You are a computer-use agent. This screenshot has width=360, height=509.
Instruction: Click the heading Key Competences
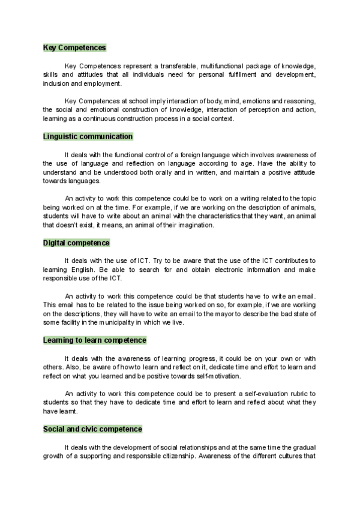click(74, 47)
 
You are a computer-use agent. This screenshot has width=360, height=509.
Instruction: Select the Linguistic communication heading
click(88, 136)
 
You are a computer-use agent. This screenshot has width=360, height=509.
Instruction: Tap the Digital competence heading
click(76, 242)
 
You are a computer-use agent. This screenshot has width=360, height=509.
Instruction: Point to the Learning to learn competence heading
click(95, 340)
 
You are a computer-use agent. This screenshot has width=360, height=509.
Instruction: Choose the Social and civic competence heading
click(92, 429)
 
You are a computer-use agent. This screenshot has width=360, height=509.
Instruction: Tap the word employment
click(106, 83)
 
